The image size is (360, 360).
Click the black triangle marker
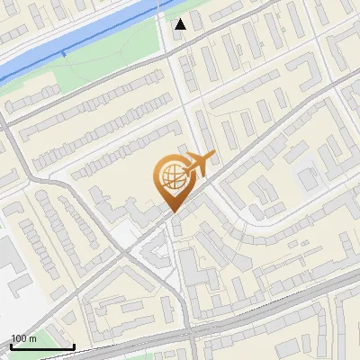tap(181, 24)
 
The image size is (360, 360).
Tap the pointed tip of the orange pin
tap(171, 212)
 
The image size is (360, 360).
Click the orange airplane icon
tap(199, 165)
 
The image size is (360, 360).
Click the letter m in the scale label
tap(33, 338)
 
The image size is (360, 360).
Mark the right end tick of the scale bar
tap(74, 346)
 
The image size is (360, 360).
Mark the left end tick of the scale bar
tap(11, 346)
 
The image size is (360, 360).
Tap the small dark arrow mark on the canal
tap(64, 54)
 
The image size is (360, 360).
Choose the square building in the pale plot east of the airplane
tap(309, 179)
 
